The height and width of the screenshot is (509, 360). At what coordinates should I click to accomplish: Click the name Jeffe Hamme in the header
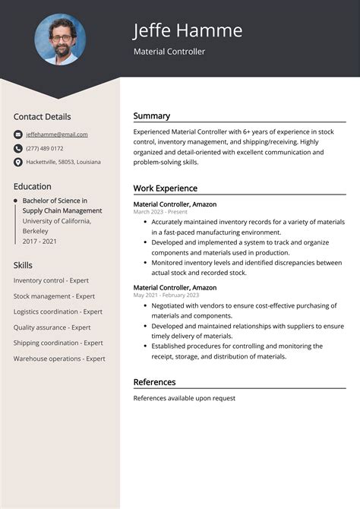click(188, 30)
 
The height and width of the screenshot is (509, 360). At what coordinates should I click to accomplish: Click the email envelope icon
click(18, 134)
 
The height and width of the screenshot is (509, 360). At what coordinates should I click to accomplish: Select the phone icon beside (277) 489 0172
click(18, 148)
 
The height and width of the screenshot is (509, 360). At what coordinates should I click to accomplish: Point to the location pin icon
click(18, 162)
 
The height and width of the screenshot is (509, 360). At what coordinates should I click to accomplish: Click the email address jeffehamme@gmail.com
click(57, 134)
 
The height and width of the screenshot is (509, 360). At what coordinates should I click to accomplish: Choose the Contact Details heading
click(42, 117)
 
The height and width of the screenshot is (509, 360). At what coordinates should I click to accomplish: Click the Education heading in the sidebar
click(33, 186)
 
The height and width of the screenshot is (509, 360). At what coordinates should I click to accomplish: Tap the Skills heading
click(23, 265)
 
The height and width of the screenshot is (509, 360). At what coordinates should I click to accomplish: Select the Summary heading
click(152, 116)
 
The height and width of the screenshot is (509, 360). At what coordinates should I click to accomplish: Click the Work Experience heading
click(165, 188)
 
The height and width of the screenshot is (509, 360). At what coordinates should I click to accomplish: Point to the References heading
click(154, 382)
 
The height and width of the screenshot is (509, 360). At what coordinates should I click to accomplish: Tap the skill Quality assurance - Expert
click(52, 327)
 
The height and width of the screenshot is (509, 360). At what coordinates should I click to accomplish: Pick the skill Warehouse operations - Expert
click(59, 359)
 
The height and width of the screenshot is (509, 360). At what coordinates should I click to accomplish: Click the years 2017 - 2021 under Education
click(39, 241)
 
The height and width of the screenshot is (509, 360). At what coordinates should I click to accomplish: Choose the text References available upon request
click(184, 398)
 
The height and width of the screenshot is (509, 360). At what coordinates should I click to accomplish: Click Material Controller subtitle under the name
click(169, 52)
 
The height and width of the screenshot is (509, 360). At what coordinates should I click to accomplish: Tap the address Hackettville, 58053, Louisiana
click(63, 162)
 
